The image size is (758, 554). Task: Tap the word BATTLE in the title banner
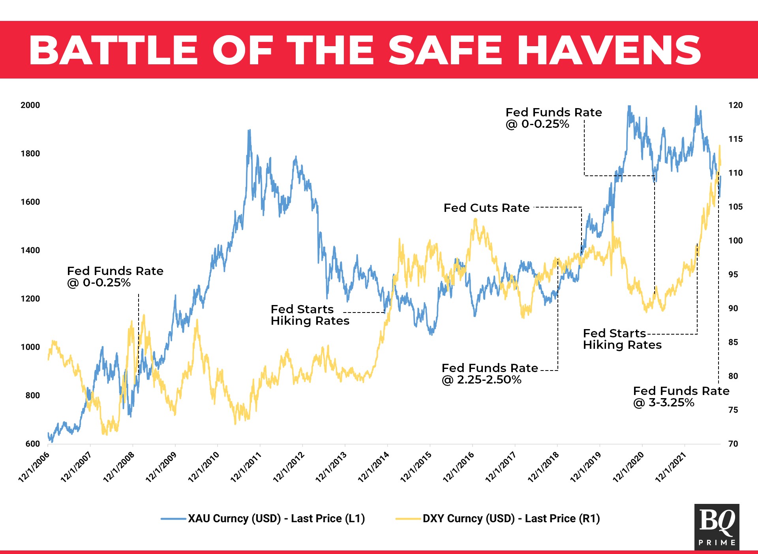coord(113,50)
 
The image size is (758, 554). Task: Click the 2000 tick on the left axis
coord(30,105)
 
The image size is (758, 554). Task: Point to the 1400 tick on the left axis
coord(30,250)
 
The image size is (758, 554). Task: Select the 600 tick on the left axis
coord(32,444)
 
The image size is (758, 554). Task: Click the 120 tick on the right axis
coord(735,105)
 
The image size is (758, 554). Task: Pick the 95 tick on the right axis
coord(733,275)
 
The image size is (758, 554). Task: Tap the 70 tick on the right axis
coord(733,444)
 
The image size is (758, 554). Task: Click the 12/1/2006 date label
coord(34,467)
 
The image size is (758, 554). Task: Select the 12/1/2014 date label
coord(373,467)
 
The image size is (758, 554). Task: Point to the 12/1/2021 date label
coord(671,467)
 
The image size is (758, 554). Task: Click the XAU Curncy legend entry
coord(276,518)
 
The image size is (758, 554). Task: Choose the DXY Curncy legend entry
coord(511,518)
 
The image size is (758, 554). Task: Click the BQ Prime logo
coord(717,527)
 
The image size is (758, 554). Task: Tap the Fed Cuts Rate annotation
coord(486,208)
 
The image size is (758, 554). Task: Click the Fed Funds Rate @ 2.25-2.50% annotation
coord(490,374)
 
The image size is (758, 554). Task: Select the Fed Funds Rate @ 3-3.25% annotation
coord(681,397)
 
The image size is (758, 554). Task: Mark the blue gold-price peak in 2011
coord(249,131)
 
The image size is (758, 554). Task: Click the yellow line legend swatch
coord(408,518)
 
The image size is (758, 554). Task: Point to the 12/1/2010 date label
coord(203,467)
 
